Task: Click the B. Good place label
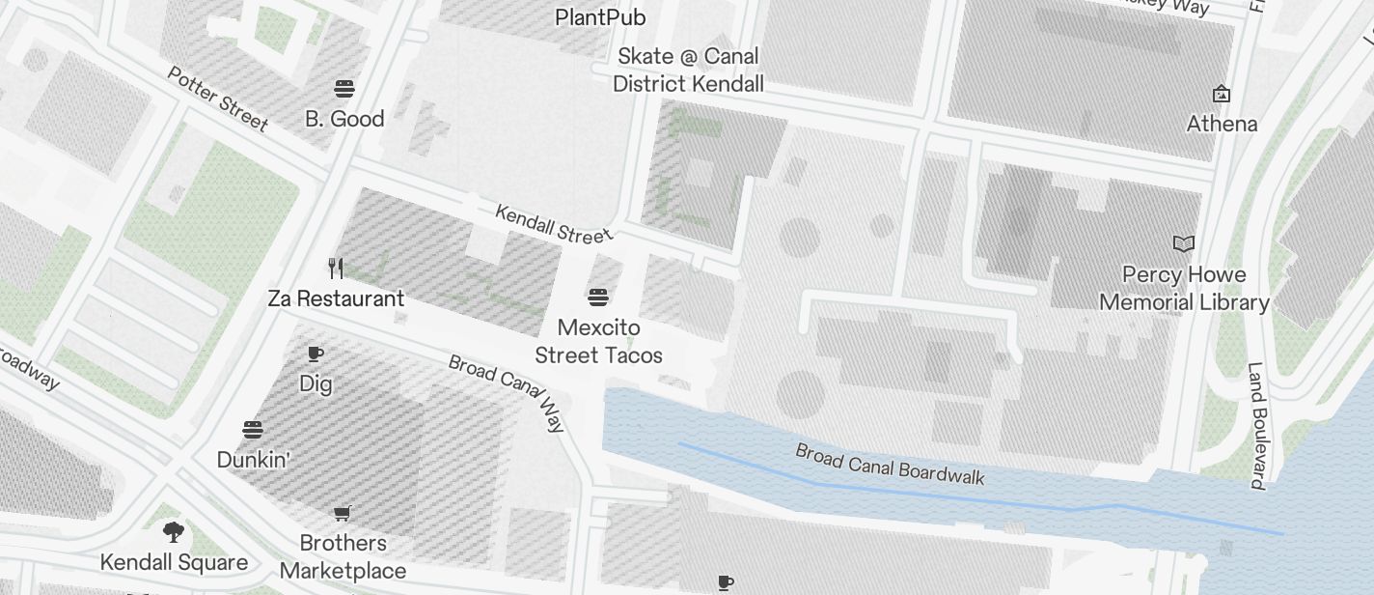(344, 119)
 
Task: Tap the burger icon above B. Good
(344, 89)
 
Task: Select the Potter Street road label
(218, 99)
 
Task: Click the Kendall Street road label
(553, 223)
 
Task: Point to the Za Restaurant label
(336, 298)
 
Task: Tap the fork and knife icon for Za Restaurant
(336, 268)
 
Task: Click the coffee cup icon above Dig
(316, 354)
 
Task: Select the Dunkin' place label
(253, 460)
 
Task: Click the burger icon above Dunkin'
(253, 429)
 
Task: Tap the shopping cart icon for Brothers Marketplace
(343, 512)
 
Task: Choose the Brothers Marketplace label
(343, 556)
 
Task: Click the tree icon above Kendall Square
(174, 531)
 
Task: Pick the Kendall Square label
(174, 562)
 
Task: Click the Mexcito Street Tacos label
(598, 341)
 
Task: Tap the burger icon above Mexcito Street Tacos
(598, 296)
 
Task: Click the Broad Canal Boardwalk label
(890, 464)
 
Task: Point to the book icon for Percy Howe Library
(1184, 243)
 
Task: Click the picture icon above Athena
(1222, 94)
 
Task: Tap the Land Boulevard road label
(1256, 425)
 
